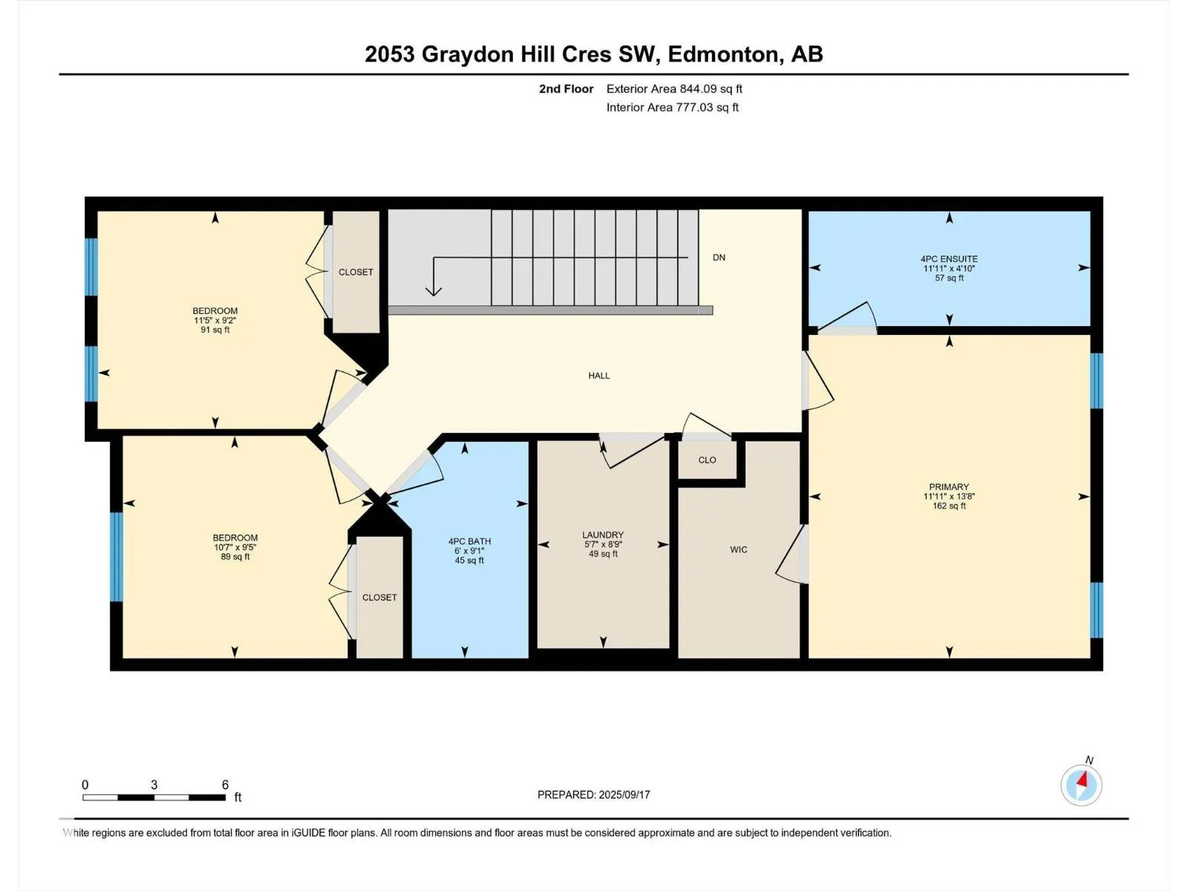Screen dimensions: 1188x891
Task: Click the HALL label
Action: point(598,376)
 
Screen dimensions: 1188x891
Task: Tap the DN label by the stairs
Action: point(719,258)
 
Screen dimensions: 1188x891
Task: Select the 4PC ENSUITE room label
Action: point(949,259)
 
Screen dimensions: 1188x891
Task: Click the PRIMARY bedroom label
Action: point(949,487)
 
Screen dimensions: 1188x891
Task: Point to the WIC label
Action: point(738,549)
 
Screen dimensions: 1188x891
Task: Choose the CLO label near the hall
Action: point(707,460)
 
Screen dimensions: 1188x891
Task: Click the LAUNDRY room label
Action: point(603,535)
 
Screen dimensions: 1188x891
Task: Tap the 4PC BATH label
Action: point(469,541)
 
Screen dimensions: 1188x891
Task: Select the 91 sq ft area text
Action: point(215,330)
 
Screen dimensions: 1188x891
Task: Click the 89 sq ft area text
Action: point(235,557)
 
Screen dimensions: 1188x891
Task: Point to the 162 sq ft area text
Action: point(949,506)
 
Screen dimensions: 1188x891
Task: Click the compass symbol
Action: point(1081,785)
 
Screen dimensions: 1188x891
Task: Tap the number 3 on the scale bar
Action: point(154,785)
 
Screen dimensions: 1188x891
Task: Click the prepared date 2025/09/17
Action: point(624,794)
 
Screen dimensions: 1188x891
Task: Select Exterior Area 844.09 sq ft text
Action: point(674,88)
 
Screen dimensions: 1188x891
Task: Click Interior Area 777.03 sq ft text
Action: point(672,107)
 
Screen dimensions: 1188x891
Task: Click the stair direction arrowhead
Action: point(433,291)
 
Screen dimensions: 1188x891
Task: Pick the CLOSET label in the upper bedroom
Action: point(356,272)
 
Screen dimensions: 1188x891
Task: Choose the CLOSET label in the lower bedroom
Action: point(379,598)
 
